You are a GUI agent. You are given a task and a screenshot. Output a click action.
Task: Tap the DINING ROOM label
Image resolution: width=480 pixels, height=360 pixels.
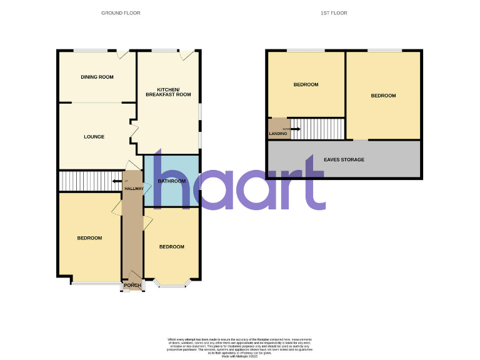click(x=97, y=77)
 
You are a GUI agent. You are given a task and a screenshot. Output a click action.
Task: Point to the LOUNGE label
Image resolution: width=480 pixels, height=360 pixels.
click(x=94, y=136)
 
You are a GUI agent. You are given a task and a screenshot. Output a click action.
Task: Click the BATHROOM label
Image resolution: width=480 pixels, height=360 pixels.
click(x=172, y=181)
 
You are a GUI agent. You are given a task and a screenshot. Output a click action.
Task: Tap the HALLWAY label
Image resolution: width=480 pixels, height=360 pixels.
click(x=134, y=189)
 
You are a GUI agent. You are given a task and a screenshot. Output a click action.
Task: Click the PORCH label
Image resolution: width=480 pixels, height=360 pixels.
click(x=132, y=286)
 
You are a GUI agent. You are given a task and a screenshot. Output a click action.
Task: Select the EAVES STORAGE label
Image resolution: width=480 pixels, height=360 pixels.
click(x=344, y=160)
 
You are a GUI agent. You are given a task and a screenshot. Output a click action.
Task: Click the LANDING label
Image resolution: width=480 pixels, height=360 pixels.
click(x=278, y=133)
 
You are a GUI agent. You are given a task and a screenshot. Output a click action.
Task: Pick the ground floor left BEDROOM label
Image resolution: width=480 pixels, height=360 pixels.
click(x=89, y=238)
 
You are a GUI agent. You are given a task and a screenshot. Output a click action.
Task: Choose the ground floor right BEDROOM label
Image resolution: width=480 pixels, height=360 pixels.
click(x=171, y=247)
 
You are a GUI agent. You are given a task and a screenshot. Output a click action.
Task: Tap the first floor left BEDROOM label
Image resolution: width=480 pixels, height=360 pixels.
click(x=306, y=85)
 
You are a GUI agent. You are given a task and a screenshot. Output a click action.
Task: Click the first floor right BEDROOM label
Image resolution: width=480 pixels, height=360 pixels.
click(x=383, y=96)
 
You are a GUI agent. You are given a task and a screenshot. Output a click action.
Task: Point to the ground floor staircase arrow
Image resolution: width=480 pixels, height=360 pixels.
click(x=117, y=182)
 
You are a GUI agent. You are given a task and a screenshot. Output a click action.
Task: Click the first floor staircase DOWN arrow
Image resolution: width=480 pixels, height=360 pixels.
click(x=296, y=129)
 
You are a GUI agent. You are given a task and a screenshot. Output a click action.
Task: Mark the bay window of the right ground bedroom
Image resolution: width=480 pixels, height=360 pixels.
click(x=172, y=285)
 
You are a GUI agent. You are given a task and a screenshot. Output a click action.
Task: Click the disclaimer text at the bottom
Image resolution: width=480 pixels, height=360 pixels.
click(x=239, y=346)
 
